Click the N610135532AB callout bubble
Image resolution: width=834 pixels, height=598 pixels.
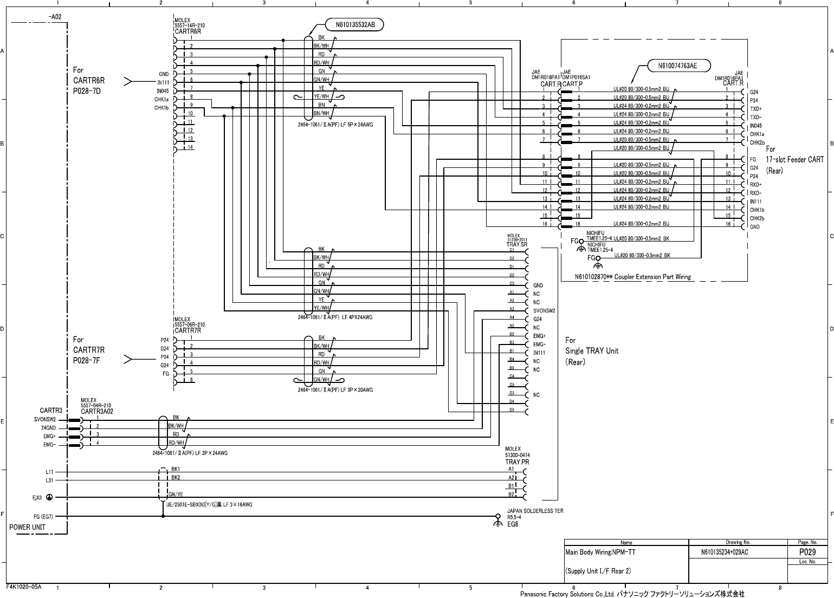354,24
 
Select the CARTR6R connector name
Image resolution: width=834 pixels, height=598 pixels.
188,32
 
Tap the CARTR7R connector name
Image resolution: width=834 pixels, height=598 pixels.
188,330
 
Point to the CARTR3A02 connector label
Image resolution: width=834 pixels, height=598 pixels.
97,411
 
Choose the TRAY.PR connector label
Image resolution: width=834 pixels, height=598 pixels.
517,462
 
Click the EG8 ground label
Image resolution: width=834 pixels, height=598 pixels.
513,524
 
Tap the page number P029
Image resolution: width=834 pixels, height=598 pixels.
807,552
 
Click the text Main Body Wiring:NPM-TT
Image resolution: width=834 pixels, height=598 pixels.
600,553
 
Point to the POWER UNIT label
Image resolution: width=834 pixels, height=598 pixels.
28,527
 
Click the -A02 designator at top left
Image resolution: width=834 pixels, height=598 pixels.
55,16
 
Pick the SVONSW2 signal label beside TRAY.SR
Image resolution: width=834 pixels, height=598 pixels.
544,311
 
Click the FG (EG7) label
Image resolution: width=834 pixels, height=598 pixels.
43,517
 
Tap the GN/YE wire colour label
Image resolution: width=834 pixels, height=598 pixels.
176,494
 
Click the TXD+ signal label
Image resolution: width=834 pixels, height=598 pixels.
756,109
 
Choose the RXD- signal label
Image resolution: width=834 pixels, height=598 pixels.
756,193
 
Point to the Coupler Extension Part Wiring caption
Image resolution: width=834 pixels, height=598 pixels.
633,277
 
